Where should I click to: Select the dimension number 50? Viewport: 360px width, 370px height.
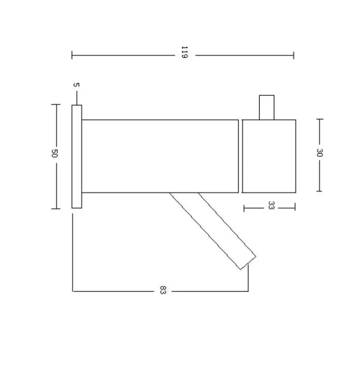point(54,154)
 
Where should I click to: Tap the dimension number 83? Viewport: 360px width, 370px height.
point(162,291)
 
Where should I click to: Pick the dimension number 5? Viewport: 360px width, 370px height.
point(77,85)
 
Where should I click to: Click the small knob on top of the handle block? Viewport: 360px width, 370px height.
point(267,107)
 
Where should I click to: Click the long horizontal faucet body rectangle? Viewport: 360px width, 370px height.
point(160,156)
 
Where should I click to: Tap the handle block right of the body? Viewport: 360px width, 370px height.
point(269,156)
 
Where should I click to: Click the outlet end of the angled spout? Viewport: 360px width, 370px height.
point(248,262)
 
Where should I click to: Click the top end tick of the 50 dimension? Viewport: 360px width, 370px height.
point(55,104)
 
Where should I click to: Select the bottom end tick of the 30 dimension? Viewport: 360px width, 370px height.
point(319,191)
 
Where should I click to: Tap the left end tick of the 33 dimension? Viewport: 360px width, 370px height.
point(244,208)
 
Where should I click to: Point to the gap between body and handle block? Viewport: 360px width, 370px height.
point(240,156)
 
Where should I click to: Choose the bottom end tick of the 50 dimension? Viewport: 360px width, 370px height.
point(55,209)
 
